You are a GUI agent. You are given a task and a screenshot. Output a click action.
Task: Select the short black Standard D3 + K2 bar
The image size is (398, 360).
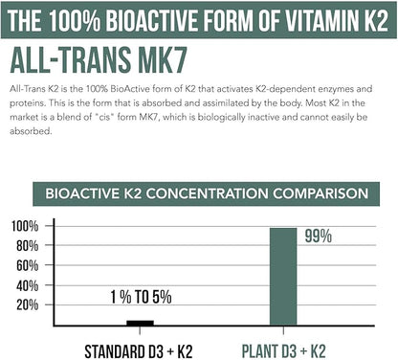tap(140, 323)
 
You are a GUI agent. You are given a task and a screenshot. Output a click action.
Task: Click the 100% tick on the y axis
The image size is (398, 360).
tap(24, 226)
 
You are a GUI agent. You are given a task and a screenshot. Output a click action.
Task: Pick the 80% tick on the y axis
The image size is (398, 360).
tap(26, 246)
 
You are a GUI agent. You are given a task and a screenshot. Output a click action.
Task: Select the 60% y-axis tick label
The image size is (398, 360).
tap(26, 265)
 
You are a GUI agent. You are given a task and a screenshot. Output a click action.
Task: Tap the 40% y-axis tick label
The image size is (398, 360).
tap(26, 285)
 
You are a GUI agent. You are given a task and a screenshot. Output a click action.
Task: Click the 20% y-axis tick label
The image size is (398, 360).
tap(26, 304)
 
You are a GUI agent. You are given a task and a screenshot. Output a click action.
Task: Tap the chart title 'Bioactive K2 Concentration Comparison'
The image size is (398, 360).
tap(200, 193)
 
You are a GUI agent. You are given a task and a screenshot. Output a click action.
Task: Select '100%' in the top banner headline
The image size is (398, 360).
tap(102, 18)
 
